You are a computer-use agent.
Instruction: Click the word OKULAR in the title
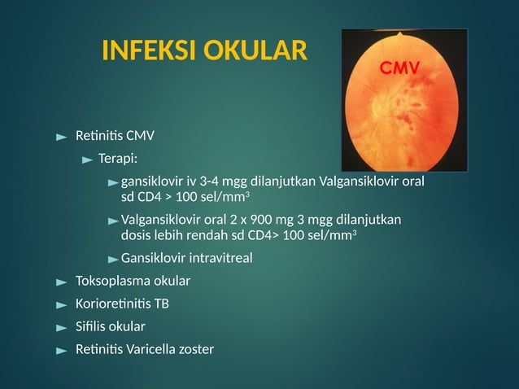[259, 51]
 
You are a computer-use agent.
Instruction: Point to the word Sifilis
[89, 326]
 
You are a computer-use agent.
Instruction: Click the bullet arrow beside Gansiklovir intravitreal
[113, 259]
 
